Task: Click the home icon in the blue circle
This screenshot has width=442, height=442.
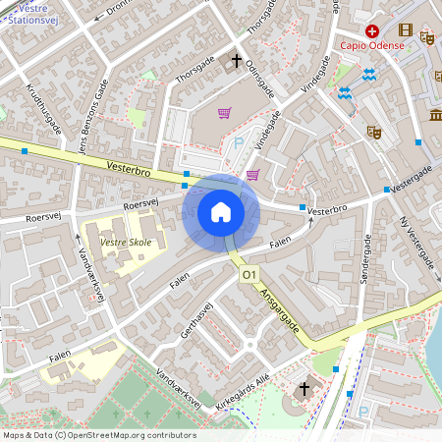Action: click(x=220, y=212)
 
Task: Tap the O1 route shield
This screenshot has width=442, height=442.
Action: click(x=249, y=277)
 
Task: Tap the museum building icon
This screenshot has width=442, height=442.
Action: click(x=435, y=117)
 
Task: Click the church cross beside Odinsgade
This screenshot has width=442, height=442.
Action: click(x=236, y=61)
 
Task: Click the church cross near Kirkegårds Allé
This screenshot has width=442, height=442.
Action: click(x=304, y=390)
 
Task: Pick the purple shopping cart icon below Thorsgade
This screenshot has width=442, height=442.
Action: click(x=225, y=113)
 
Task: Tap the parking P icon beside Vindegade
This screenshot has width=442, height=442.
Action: click(x=240, y=144)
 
